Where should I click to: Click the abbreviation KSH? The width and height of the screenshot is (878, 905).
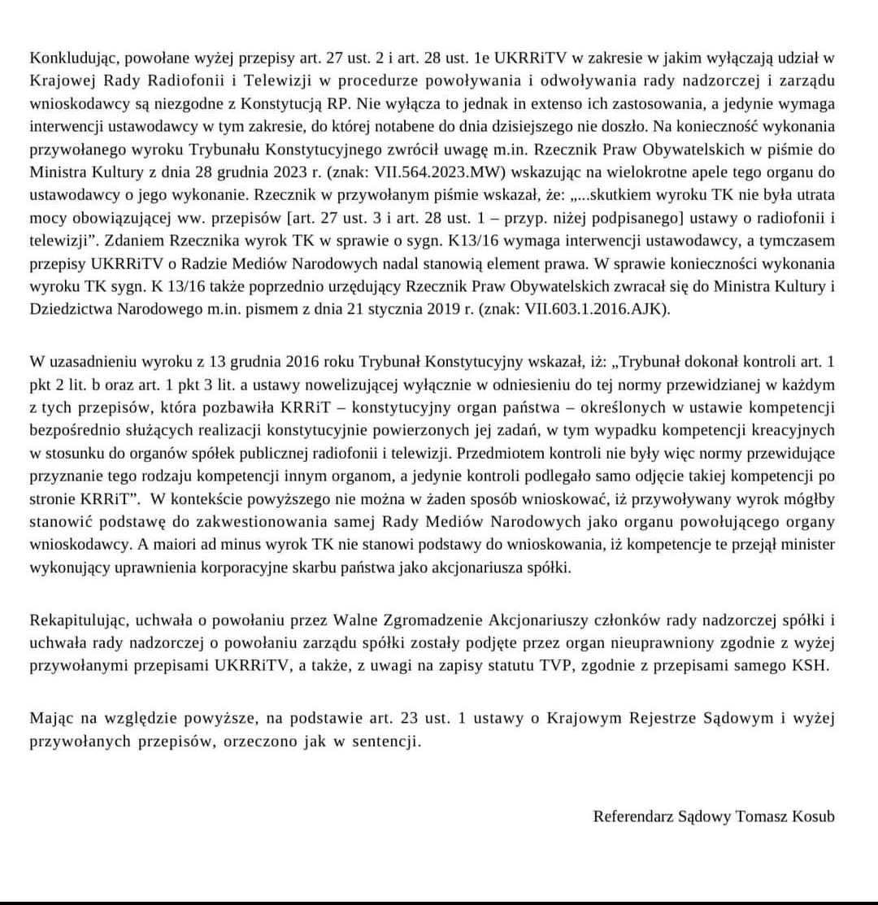(816, 666)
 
